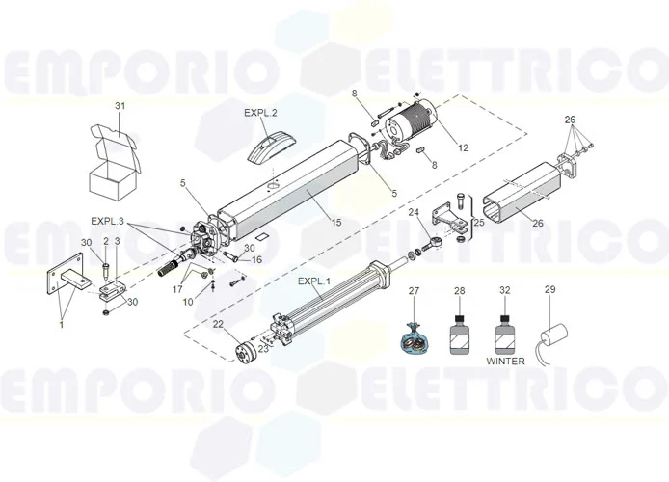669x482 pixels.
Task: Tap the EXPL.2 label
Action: pos(260,113)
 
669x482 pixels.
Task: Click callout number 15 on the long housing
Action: pos(335,222)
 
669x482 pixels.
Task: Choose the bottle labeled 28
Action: pos(459,335)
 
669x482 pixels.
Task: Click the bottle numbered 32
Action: pos(505,335)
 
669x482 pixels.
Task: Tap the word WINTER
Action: pos(505,361)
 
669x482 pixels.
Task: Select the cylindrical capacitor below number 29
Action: pos(553,338)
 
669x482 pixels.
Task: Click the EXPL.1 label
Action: pos(313,281)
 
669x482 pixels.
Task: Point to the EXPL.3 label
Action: pos(108,220)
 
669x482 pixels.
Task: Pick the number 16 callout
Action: pos(256,259)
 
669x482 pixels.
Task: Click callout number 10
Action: pos(188,302)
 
